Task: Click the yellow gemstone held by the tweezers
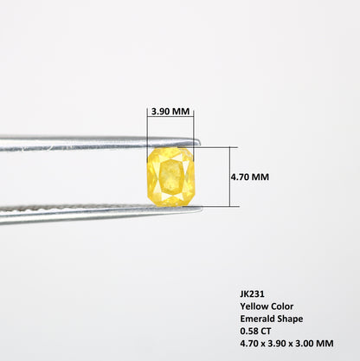pos(170,177)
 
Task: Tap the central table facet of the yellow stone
pos(171,177)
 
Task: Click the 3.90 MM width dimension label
pos(170,112)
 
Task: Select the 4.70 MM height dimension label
pos(250,177)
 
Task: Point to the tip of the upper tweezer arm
pos(200,142)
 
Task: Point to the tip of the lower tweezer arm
pos(201,209)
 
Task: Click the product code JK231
pos(252,294)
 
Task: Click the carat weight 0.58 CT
pos(255,331)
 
